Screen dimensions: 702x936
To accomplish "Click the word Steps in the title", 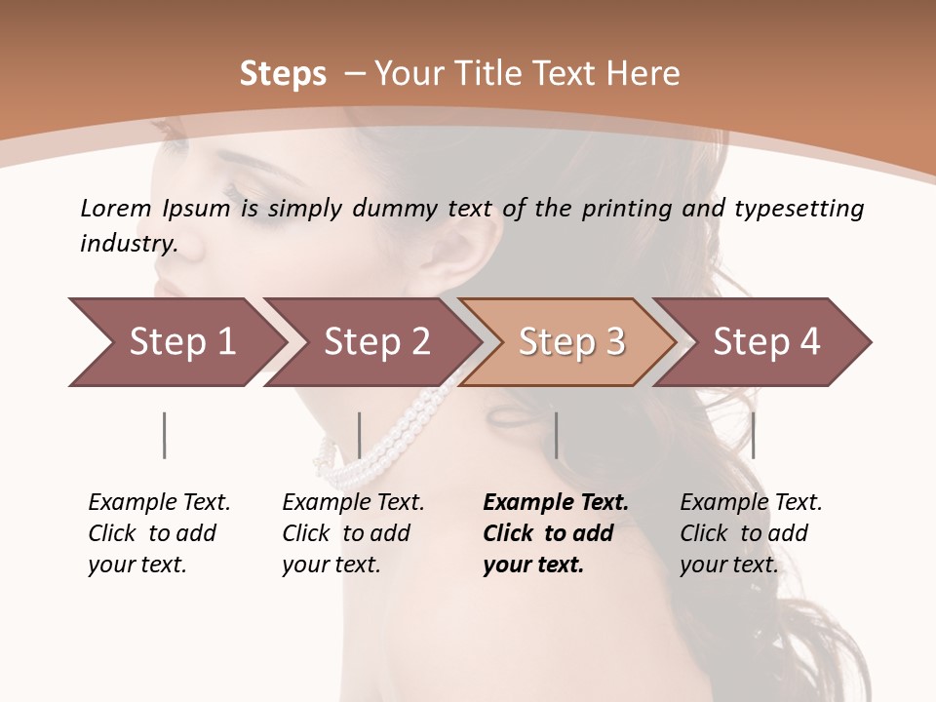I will pyautogui.click(x=283, y=74).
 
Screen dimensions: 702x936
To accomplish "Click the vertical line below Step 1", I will pyautogui.click(x=164, y=435).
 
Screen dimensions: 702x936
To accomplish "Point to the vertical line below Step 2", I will pyautogui.click(x=360, y=435).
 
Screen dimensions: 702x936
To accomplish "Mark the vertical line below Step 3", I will pyautogui.click(x=556, y=435).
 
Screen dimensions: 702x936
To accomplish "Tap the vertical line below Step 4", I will pyautogui.click(x=753, y=435).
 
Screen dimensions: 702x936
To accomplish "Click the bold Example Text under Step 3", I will pyautogui.click(x=556, y=503).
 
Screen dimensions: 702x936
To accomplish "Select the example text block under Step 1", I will pyautogui.click(x=159, y=533).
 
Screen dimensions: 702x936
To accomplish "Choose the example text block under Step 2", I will pyautogui.click(x=353, y=533).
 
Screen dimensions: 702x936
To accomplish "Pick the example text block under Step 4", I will pyautogui.click(x=751, y=533).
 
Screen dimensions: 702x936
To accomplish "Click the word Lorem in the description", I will pyautogui.click(x=116, y=209).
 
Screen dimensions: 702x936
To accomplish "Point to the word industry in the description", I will pyautogui.click(x=128, y=244).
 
